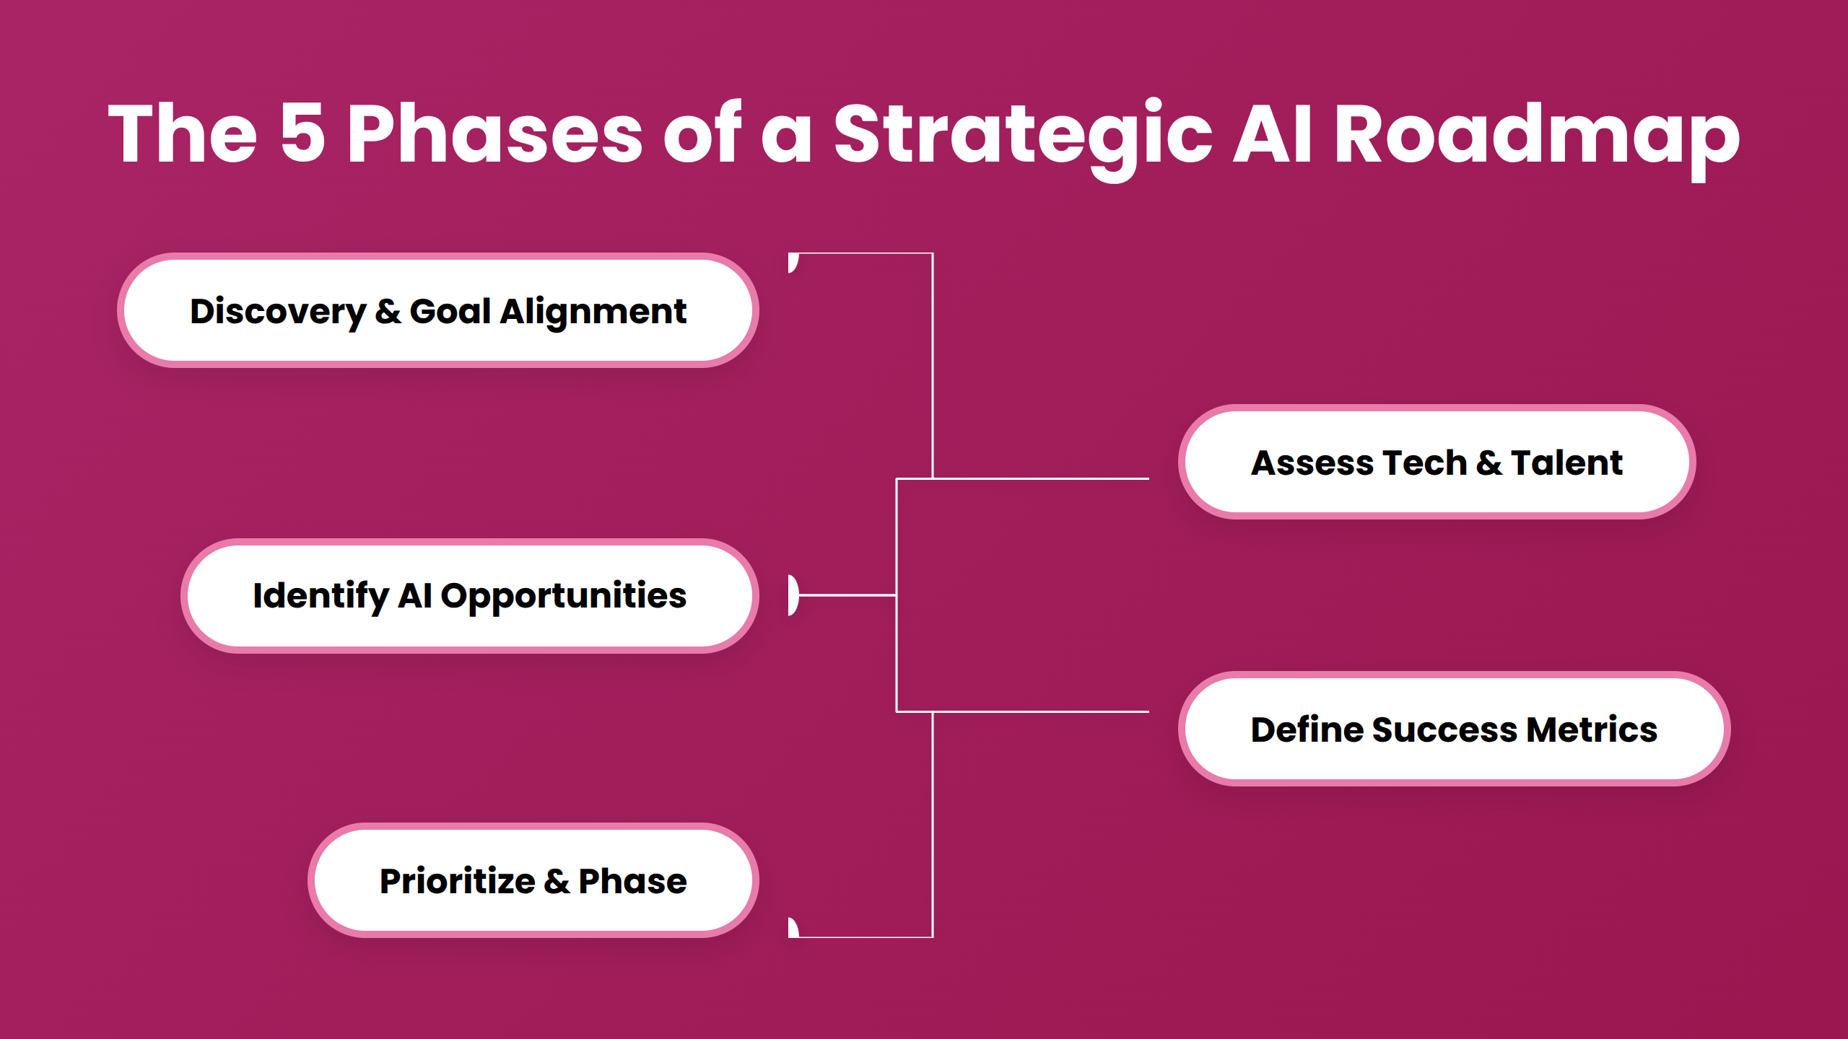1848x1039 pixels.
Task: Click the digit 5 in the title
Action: tap(302, 134)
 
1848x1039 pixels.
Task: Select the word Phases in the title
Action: tap(494, 134)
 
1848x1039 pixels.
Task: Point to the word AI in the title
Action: tap(1272, 134)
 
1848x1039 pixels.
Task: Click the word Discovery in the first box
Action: tap(278, 312)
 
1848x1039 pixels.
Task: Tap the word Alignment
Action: tap(593, 312)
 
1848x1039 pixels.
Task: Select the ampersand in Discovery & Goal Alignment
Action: tap(388, 312)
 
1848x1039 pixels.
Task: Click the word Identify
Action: tap(321, 596)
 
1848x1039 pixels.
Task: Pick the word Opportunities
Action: tap(563, 596)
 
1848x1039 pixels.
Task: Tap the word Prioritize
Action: tap(458, 881)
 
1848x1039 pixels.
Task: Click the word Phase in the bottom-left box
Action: tap(632, 881)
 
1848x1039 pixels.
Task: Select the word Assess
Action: tap(1312, 462)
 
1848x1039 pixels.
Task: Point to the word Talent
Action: tap(1566, 462)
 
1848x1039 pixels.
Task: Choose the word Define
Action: tap(1306, 729)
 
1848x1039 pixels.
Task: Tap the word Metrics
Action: tap(1591, 729)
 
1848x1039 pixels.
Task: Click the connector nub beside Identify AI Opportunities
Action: tap(793, 595)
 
